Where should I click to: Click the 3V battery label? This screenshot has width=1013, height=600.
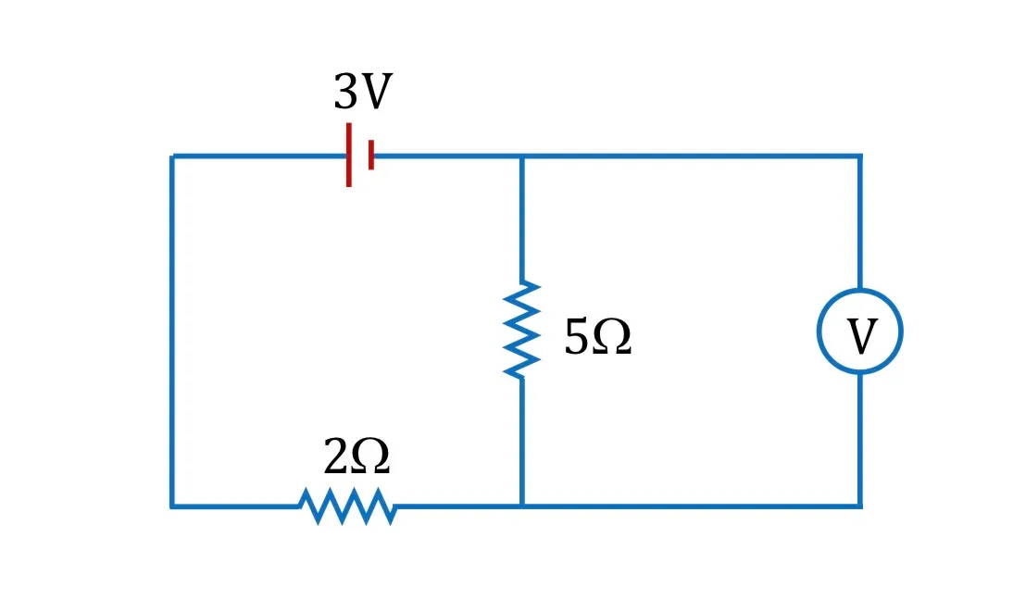363,91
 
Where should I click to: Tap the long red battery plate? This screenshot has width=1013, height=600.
349,155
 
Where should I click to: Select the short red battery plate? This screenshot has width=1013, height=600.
370,155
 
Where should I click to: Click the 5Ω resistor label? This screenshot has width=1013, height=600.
597,336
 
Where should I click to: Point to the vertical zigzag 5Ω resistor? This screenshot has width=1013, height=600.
522,330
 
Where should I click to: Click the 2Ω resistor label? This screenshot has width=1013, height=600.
356,456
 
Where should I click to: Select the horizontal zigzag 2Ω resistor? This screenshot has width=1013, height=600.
347,506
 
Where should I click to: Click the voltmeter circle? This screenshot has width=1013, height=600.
860,289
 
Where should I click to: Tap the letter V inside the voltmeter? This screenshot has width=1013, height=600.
862,336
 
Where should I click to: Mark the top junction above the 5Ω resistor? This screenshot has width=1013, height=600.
522,156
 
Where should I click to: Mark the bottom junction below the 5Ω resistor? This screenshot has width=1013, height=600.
522,506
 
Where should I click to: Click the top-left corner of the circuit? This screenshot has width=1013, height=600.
172,156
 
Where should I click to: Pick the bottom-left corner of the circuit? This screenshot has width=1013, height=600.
172,506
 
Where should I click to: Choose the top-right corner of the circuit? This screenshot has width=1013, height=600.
860,156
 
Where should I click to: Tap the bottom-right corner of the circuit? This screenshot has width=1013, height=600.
860,506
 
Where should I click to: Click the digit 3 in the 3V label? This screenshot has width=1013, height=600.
345,92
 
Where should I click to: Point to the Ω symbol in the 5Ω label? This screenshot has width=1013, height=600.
612,337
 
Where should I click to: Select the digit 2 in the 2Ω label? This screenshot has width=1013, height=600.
335,456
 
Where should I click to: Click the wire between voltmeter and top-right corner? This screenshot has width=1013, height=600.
860,222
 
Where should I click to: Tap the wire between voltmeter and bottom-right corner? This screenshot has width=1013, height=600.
860,440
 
